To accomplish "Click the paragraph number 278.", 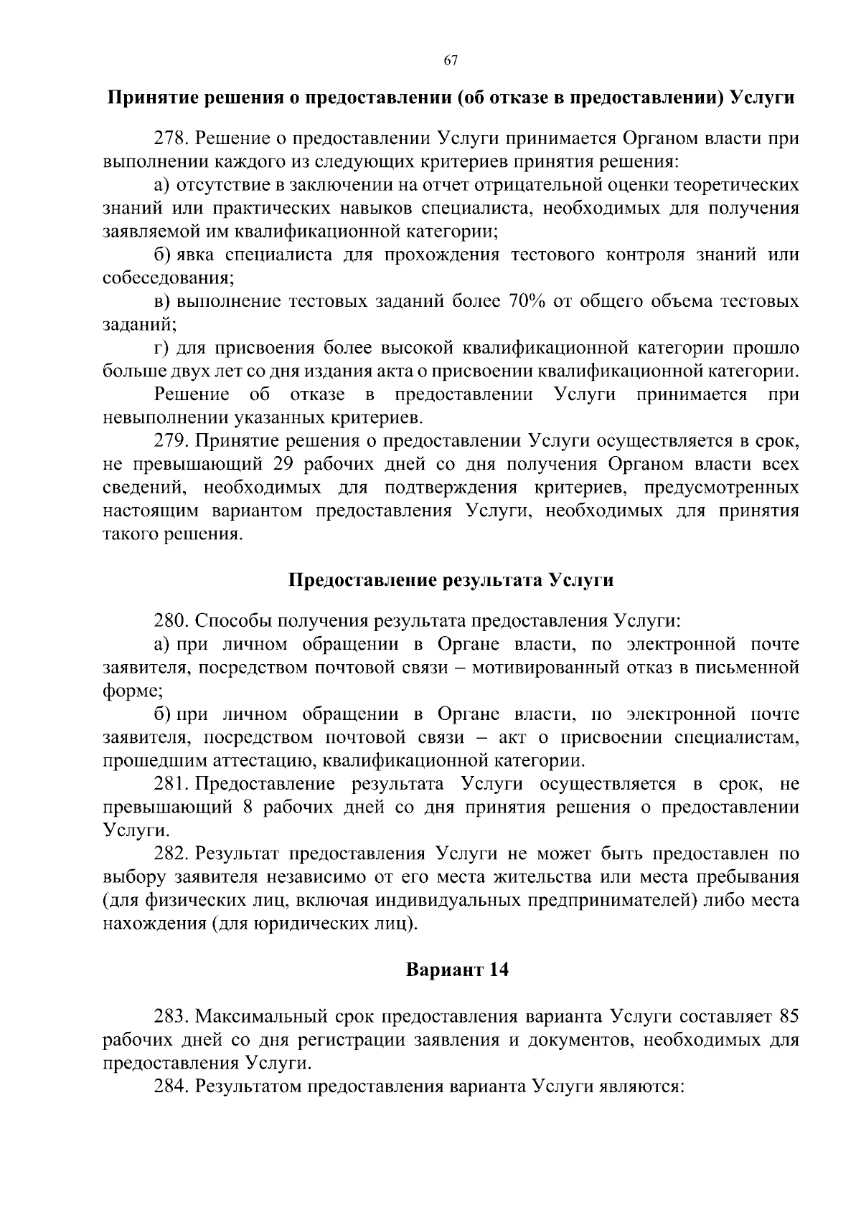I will pyautogui.click(x=169, y=138).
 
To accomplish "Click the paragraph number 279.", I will pyautogui.click(x=169, y=440).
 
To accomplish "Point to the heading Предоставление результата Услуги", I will pyautogui.click(x=451, y=579).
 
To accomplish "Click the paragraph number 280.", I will pyautogui.click(x=169, y=620).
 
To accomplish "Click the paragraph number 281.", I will pyautogui.click(x=169, y=784).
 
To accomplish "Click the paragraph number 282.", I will pyautogui.click(x=169, y=853).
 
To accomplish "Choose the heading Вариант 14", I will pyautogui.click(x=457, y=970).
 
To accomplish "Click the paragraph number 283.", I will pyautogui.click(x=169, y=1016).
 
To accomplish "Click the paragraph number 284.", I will pyautogui.click(x=169, y=1086).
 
